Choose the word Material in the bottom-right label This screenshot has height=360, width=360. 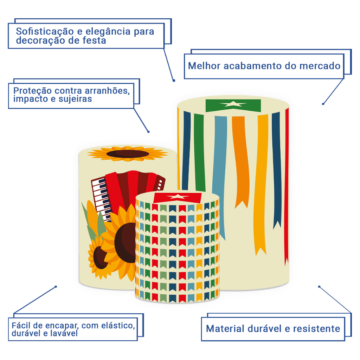[225, 329]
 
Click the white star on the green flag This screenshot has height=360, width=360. [233, 104]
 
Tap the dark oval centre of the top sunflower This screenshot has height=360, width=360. [127, 154]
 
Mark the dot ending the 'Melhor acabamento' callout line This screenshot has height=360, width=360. [323, 104]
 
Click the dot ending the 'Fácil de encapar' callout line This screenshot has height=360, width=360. [56, 287]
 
